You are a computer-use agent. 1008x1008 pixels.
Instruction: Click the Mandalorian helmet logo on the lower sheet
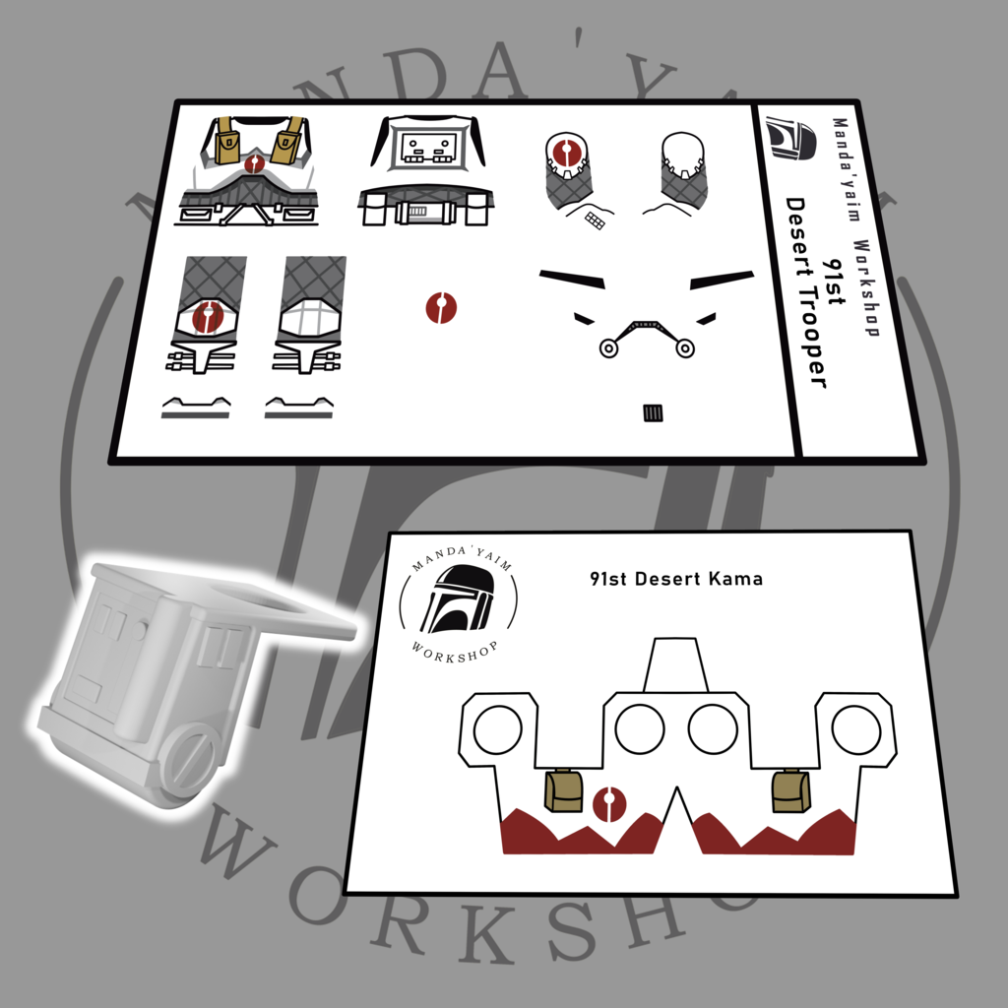(458, 599)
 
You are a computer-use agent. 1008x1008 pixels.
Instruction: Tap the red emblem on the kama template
(609, 803)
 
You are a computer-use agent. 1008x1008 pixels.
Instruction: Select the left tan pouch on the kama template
(564, 790)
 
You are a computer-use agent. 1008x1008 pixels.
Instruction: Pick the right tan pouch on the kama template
(790, 790)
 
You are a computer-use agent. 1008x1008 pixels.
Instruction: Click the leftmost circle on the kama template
(497, 729)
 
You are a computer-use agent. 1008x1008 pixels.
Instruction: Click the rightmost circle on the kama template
(855, 729)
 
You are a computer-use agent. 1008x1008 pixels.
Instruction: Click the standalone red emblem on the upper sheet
(441, 308)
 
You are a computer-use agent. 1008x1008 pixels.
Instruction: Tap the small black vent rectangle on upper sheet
(653, 412)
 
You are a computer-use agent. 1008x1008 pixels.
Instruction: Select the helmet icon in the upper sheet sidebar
(790, 138)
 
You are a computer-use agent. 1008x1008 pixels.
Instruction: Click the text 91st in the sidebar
(833, 282)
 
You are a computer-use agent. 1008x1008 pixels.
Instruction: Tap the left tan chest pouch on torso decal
(227, 142)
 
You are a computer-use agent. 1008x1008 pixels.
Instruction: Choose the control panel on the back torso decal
(428, 150)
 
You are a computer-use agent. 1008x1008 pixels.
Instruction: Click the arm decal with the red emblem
(568, 171)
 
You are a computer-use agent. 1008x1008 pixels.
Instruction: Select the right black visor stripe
(722, 280)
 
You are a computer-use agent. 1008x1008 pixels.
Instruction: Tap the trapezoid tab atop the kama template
(675, 664)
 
